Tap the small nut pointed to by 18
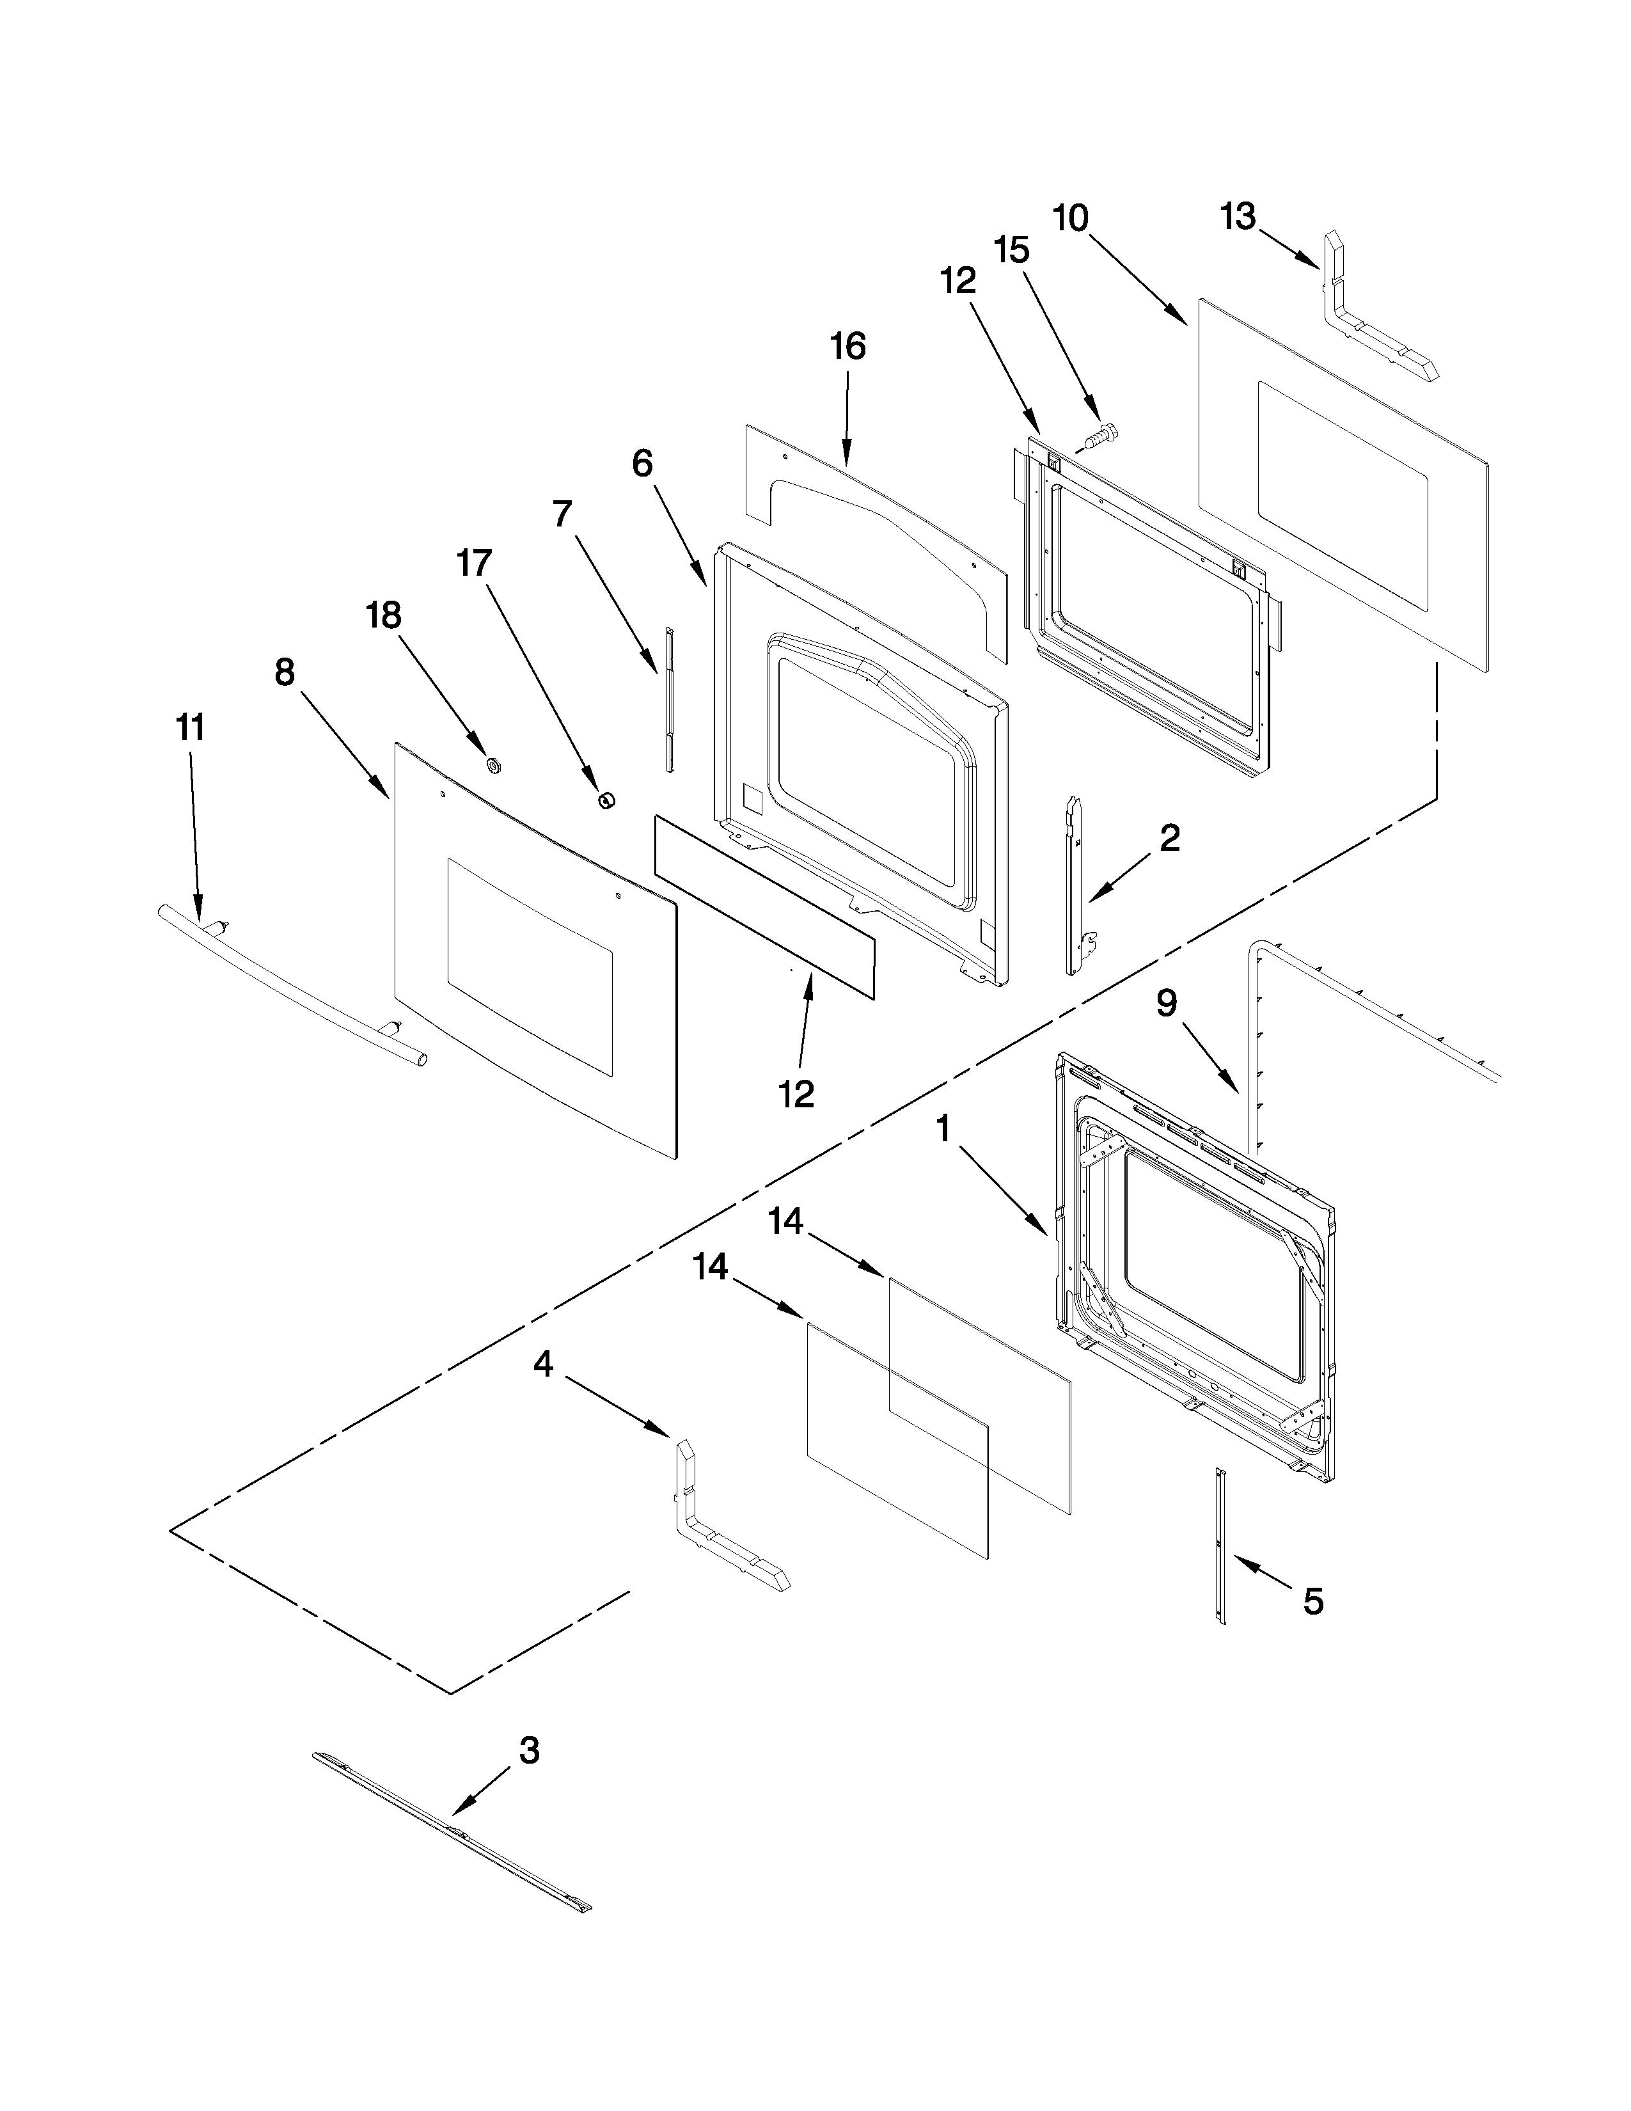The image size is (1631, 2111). coord(494,766)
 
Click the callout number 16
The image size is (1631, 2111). coord(847,346)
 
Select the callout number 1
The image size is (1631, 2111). coord(943,1127)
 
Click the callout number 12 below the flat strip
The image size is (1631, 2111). coord(797,1093)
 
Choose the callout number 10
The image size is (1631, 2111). coord(1071,218)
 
